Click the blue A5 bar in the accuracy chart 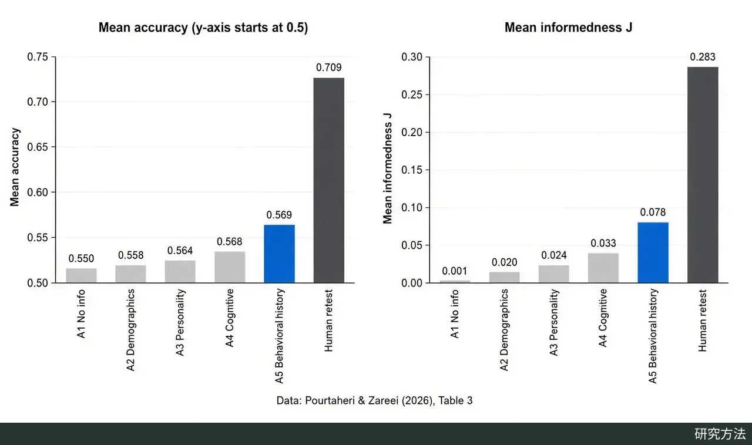tap(279, 254)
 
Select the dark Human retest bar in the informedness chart tap(703, 175)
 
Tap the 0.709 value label tap(328, 68)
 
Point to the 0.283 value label tap(703, 57)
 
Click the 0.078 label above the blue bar tap(653, 212)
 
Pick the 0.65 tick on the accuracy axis tap(38, 147)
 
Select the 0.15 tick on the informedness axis tap(412, 170)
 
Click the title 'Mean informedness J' tap(568, 28)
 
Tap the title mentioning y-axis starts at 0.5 tap(203, 28)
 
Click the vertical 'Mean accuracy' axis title tap(15, 167)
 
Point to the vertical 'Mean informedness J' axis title tap(387, 168)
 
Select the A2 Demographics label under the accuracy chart tap(130, 330)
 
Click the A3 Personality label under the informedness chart tap(553, 322)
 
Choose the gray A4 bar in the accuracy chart tap(230, 267)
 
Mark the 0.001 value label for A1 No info tap(455, 271)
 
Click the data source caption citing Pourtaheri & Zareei tap(374, 400)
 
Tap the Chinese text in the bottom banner tap(720, 434)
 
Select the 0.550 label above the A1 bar tap(81, 258)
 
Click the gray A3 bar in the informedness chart tap(554, 274)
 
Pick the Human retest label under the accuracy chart tap(328, 321)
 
